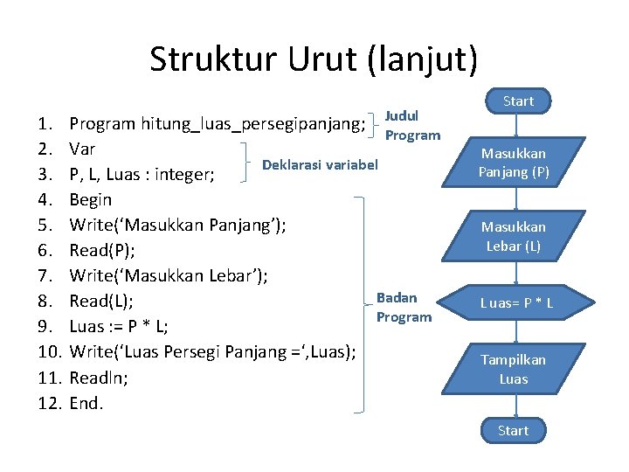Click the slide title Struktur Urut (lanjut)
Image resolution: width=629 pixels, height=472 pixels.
point(314,59)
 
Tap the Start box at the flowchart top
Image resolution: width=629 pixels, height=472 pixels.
point(518,101)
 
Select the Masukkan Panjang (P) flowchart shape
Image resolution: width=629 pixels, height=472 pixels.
point(514,163)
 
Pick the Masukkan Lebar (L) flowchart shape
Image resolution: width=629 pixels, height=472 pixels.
point(514,236)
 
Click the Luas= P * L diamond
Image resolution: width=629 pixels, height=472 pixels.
point(516,304)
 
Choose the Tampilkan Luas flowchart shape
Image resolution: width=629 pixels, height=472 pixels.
point(514,369)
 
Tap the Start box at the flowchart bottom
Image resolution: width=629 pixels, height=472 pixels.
point(513,430)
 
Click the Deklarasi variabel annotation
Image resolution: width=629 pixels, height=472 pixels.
point(320,164)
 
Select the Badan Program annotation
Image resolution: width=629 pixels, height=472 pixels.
point(404,307)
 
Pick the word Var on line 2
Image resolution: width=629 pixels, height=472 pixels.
point(82,149)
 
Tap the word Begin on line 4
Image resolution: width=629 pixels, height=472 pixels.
point(90,199)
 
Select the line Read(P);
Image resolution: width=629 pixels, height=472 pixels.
point(101,250)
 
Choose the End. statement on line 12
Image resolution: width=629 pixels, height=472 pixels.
point(86,403)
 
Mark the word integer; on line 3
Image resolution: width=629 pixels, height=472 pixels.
point(184,175)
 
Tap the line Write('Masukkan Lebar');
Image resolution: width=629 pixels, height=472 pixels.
point(168,276)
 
